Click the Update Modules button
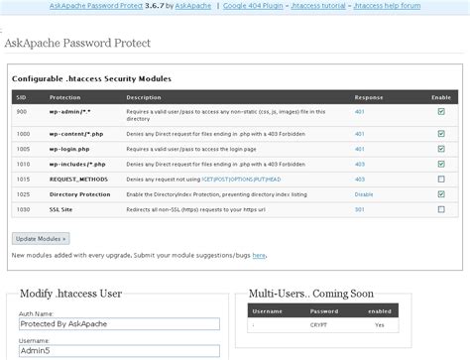[x=41, y=239]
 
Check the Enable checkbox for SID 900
[x=440, y=112]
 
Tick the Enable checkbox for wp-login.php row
[x=440, y=146]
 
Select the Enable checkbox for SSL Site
[x=440, y=210]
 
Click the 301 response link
[x=360, y=210]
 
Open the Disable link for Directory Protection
[x=364, y=194]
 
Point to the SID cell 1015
[x=23, y=179]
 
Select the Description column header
[x=144, y=97]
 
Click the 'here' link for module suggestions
[x=258, y=255]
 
